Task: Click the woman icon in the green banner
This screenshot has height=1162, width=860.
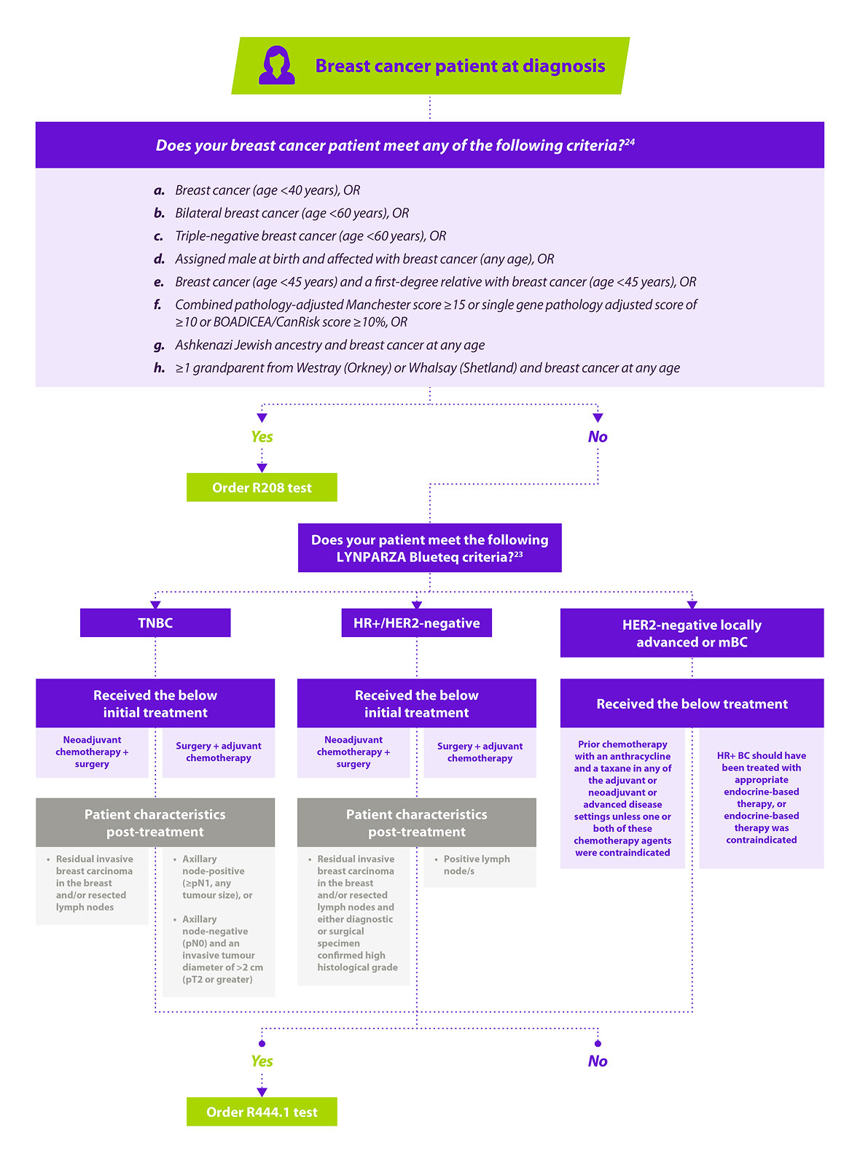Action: (276, 65)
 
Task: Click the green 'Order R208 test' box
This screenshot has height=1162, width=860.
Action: (262, 487)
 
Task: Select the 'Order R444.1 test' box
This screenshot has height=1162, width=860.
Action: (262, 1111)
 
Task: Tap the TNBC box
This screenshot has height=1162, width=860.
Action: (155, 623)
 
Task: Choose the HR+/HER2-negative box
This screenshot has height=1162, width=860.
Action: (416, 623)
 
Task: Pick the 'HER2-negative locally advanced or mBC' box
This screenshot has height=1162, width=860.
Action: (692, 632)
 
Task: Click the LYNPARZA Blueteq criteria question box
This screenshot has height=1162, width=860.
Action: (429, 547)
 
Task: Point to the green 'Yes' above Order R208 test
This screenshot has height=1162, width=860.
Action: (262, 437)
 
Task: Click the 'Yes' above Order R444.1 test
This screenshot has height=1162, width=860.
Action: (262, 1061)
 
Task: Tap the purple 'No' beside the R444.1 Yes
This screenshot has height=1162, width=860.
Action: (598, 1061)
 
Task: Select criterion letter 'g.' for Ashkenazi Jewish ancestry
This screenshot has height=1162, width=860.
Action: (159, 346)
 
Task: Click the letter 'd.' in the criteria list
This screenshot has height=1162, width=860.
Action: (159, 259)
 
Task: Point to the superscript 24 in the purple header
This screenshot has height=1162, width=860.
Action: (630, 141)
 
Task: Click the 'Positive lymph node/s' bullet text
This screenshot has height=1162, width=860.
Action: (476, 865)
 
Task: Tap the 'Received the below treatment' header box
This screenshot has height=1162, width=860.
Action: (692, 703)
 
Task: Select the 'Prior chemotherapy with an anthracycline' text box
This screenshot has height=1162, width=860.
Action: (622, 798)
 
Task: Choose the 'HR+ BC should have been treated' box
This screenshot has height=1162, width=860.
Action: (761, 798)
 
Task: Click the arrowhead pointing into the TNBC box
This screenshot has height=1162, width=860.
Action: (155, 604)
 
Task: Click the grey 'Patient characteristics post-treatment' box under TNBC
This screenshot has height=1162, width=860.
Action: (155, 822)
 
